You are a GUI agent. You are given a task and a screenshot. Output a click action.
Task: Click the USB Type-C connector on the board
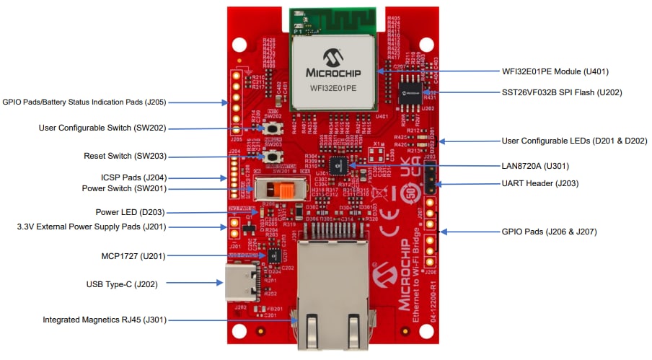[237, 283]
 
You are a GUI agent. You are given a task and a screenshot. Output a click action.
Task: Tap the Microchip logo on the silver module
[333, 65]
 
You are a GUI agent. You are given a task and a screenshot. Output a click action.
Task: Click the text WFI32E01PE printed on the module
[333, 89]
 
